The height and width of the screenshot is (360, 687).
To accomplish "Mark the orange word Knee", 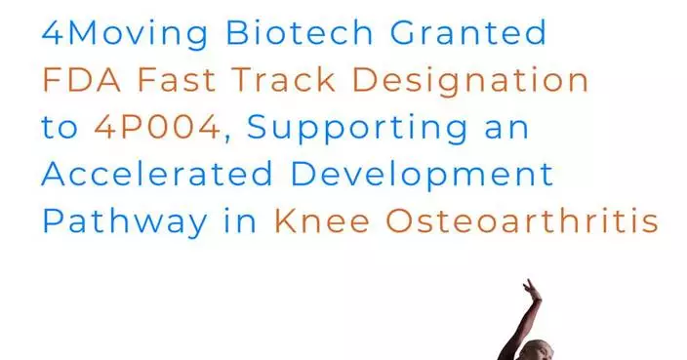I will coord(320,221).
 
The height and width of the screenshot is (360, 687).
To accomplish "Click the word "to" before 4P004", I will coord(61,128).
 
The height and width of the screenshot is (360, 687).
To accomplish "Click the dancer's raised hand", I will coord(530,290).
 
